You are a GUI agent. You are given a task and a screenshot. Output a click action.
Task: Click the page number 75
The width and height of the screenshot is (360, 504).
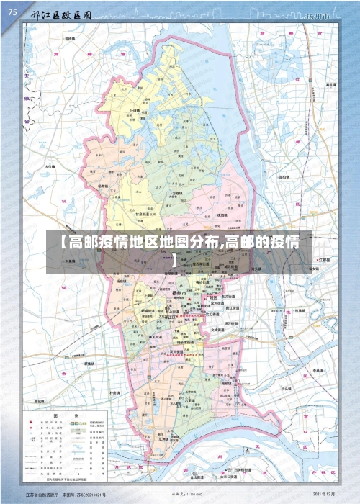(12, 12)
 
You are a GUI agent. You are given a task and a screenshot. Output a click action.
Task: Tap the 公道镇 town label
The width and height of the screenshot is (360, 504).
(134, 111)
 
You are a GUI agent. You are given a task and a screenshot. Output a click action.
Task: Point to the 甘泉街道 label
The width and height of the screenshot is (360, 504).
(145, 214)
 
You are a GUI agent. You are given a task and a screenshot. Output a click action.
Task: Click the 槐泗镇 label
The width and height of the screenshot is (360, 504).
(222, 215)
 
